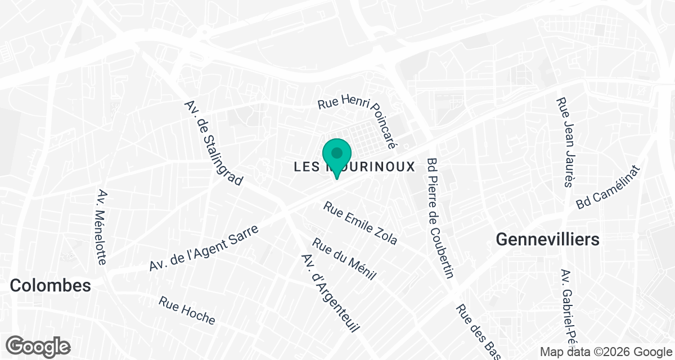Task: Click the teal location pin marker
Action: (x=337, y=158)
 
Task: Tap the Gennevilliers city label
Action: (x=547, y=240)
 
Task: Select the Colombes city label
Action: (x=51, y=285)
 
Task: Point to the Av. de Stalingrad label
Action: (x=214, y=143)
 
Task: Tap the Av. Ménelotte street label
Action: (x=101, y=227)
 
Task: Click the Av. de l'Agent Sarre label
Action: (x=204, y=249)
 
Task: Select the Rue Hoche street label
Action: (x=187, y=310)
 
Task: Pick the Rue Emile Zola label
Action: (x=360, y=223)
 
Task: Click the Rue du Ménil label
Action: (x=344, y=260)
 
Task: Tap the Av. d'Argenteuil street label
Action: (x=330, y=292)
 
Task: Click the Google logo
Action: (x=38, y=346)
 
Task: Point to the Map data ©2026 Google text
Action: (x=604, y=352)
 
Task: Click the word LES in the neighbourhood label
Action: (x=306, y=167)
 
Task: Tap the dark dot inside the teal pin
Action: (x=337, y=152)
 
